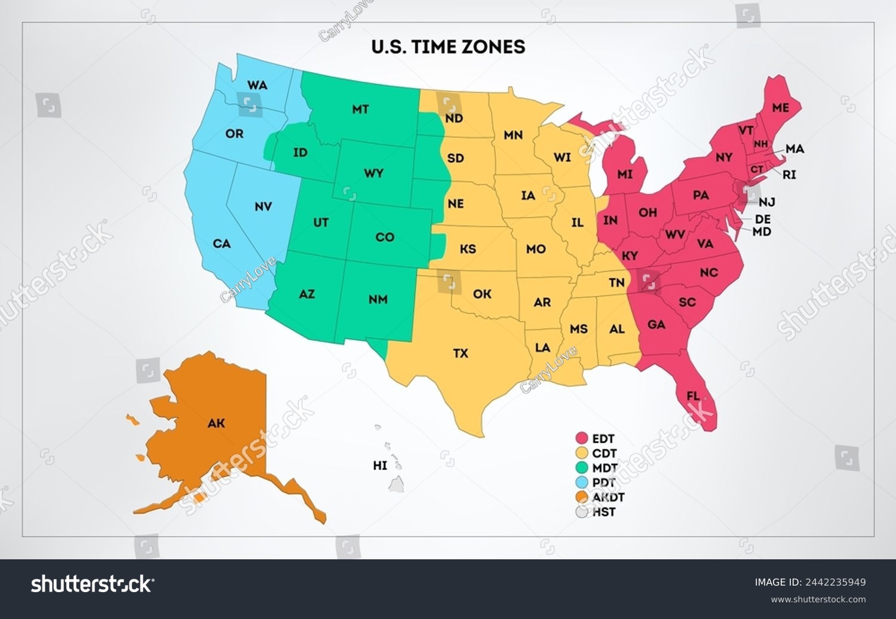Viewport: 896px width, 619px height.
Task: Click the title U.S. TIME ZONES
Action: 448,47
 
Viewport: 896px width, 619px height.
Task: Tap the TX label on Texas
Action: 460,353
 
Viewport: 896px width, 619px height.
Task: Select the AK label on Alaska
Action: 216,423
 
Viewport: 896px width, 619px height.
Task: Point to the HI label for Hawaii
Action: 380,465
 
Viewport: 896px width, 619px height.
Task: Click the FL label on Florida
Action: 693,396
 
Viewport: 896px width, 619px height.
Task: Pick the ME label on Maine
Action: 780,108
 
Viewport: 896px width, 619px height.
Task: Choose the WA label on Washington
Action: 257,85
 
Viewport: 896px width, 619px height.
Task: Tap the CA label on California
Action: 222,244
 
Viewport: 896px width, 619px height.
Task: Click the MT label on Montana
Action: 360,109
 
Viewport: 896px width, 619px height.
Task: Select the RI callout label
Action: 789,175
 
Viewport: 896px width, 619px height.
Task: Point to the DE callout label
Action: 763,219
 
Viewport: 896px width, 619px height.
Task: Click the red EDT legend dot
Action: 582,439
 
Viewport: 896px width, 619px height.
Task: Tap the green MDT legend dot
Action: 582,468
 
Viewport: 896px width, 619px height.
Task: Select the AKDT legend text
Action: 608,497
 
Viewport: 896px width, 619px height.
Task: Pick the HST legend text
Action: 604,512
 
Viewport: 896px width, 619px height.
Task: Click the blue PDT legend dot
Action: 582,482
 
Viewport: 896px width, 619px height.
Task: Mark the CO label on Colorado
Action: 385,237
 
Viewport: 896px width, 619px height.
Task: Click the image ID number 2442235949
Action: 837,582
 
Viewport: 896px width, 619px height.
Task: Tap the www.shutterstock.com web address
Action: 818,599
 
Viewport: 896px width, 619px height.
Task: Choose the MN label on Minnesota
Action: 513,135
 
